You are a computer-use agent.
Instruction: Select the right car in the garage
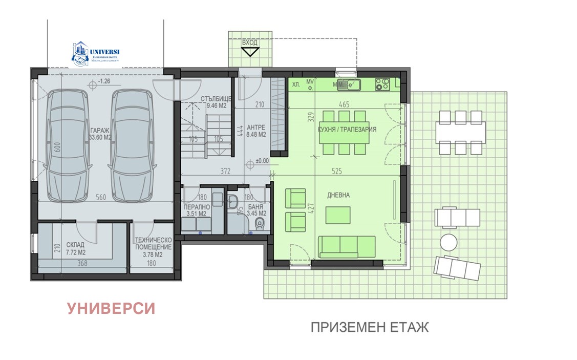point(132,145)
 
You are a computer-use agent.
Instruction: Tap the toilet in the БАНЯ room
point(260,223)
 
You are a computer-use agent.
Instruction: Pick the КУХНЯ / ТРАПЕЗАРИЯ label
point(347,130)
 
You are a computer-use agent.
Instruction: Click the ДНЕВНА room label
point(338,195)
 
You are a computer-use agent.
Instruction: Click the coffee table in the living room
point(338,215)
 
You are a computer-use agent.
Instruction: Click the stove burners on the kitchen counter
point(382,83)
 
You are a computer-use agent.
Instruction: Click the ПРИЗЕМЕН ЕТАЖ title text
point(369,327)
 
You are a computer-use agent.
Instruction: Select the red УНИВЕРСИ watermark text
point(111,308)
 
